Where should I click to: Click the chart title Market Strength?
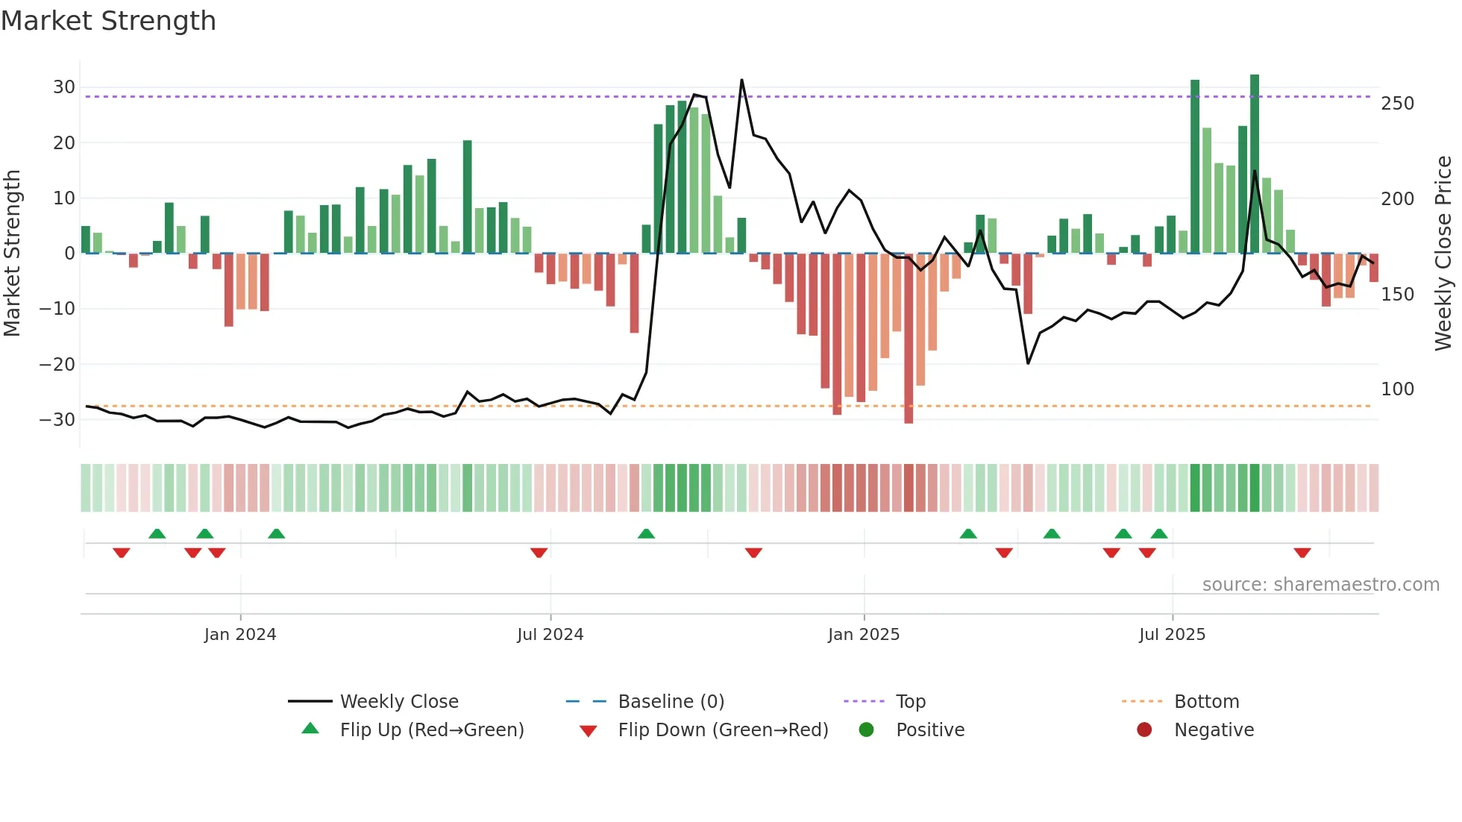click(108, 21)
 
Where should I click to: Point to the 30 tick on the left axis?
click(64, 87)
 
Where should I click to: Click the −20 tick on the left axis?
click(57, 365)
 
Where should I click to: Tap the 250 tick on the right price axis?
click(1397, 104)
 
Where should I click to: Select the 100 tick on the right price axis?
click(1397, 389)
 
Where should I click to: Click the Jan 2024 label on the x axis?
click(240, 635)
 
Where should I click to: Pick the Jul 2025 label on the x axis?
click(1172, 635)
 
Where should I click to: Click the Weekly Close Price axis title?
click(1443, 254)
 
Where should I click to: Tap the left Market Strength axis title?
click(13, 254)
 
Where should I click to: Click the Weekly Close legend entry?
click(399, 702)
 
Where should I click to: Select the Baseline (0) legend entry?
click(671, 702)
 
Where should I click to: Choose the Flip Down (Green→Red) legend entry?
click(723, 730)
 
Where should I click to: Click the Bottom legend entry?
click(1206, 702)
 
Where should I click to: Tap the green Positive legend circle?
click(866, 730)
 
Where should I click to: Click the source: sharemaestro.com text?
click(1320, 585)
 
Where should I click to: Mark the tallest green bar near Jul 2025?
click(1255, 164)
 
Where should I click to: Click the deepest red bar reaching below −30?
click(909, 339)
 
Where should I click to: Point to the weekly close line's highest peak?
click(741, 81)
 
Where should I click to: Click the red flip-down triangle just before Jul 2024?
click(539, 553)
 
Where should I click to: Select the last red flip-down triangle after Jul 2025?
click(1302, 553)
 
